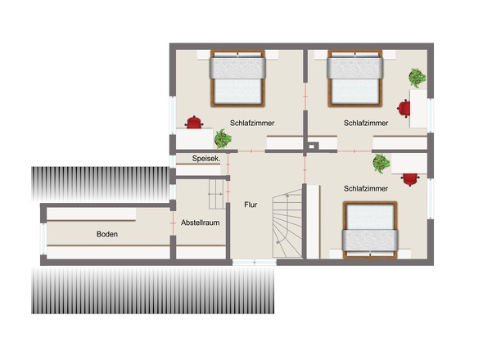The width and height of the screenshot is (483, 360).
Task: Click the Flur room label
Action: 251,205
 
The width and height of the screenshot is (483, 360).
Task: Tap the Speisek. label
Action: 206,159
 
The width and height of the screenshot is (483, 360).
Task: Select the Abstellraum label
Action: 201,223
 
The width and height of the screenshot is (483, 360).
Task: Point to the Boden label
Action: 107,234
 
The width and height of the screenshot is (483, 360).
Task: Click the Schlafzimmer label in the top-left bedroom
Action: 252,123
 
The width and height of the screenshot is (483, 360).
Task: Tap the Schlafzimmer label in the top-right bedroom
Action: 366,123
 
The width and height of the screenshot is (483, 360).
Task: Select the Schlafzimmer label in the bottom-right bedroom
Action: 366,188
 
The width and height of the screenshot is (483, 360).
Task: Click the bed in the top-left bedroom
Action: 237,79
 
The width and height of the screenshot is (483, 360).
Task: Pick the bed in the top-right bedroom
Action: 355,79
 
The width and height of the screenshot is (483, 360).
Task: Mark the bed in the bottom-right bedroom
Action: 370,230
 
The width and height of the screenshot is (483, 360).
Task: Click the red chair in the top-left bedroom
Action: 194,122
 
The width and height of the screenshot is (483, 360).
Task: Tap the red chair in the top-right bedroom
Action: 404,109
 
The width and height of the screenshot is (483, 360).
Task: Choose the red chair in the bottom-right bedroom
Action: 411,179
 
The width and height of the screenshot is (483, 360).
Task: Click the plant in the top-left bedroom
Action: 223,138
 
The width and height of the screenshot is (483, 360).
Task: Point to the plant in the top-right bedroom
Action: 418,78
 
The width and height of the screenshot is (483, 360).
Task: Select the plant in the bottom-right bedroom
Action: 381,164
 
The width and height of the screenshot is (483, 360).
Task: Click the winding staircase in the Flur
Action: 287,223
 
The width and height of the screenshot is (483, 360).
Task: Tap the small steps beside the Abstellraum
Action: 217,195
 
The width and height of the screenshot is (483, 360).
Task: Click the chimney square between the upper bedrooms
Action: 312,147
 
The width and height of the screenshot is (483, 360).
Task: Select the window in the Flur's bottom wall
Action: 255,263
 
